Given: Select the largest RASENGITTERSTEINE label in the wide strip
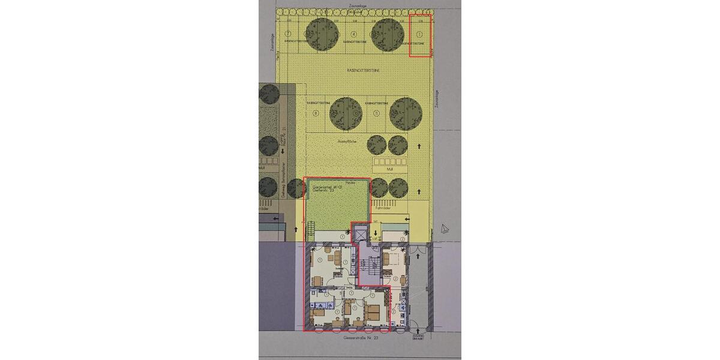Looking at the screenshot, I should click(x=358, y=70).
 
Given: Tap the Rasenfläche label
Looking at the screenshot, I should click(x=347, y=141).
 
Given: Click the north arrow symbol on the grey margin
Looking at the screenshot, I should click(x=444, y=228).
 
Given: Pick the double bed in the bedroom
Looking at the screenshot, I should click(x=373, y=311).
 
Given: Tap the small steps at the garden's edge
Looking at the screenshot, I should click(x=310, y=228).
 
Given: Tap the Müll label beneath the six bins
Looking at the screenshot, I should click(x=389, y=170).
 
